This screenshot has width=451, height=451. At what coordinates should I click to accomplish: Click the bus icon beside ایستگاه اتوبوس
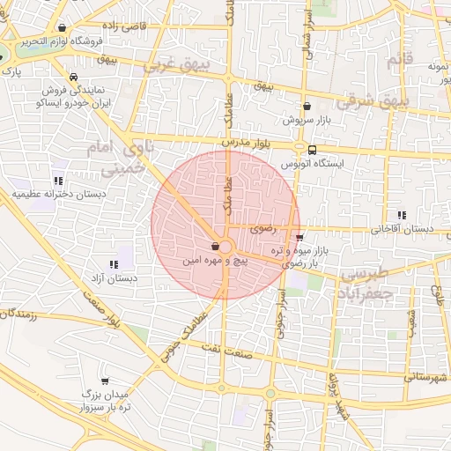[x=313, y=149]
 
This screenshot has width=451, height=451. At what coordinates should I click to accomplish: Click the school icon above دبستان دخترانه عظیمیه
[x=58, y=181]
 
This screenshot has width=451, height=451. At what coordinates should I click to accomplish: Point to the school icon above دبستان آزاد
[x=113, y=263]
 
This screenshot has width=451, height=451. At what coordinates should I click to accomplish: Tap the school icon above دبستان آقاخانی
[x=402, y=214]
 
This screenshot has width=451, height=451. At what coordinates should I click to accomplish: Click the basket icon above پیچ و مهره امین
[x=216, y=248]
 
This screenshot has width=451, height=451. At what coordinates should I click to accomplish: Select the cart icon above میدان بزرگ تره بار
[x=105, y=381]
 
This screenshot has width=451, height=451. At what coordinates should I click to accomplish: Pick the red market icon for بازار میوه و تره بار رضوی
[x=300, y=237]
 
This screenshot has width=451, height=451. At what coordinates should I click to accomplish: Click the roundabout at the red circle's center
[x=226, y=248]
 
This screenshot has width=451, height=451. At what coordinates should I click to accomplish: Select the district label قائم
[x=399, y=62]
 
